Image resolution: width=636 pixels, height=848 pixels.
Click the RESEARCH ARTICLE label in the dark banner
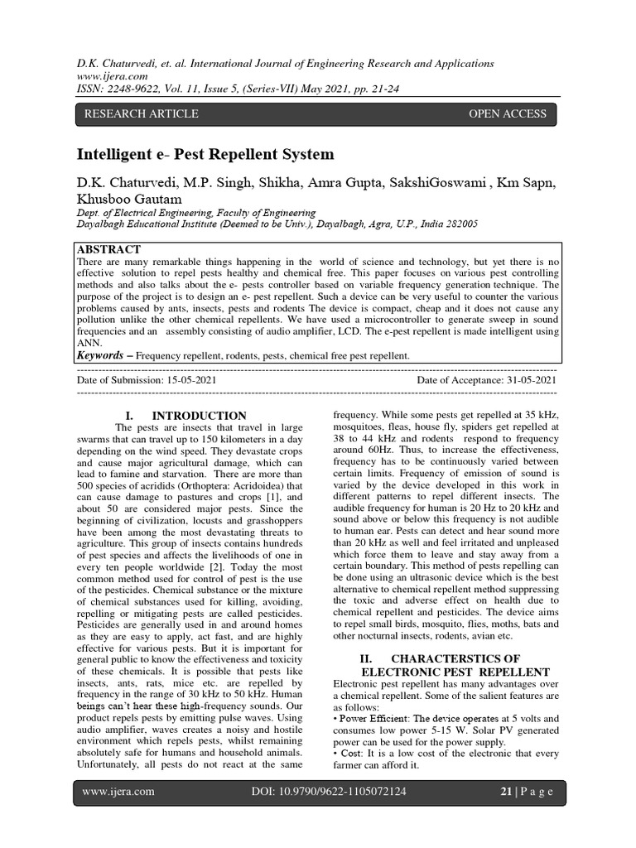click(x=138, y=113)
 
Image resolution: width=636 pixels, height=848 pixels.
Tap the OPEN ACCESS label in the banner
click(x=508, y=113)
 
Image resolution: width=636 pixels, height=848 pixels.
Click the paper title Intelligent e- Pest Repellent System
click(x=205, y=154)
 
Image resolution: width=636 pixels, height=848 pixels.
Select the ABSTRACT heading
click(x=108, y=249)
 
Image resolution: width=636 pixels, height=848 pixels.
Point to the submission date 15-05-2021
click(x=191, y=379)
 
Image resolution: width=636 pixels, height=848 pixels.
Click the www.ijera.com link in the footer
click(x=118, y=792)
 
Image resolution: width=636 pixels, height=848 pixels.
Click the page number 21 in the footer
click(x=506, y=792)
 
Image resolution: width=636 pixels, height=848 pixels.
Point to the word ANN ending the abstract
click(x=88, y=340)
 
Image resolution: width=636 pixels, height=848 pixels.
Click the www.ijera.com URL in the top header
click(x=107, y=76)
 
